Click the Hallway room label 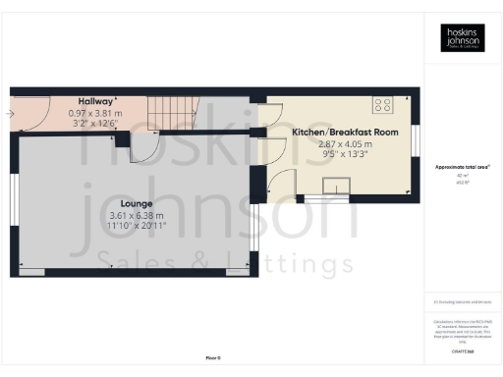[x=95, y=100]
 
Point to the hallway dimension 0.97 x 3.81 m [x=95, y=112]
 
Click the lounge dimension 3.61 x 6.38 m [x=137, y=215]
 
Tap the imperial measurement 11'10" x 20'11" [x=137, y=226]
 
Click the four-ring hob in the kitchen [x=380, y=104]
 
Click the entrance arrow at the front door [x=10, y=113]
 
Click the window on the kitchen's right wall [x=417, y=140]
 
